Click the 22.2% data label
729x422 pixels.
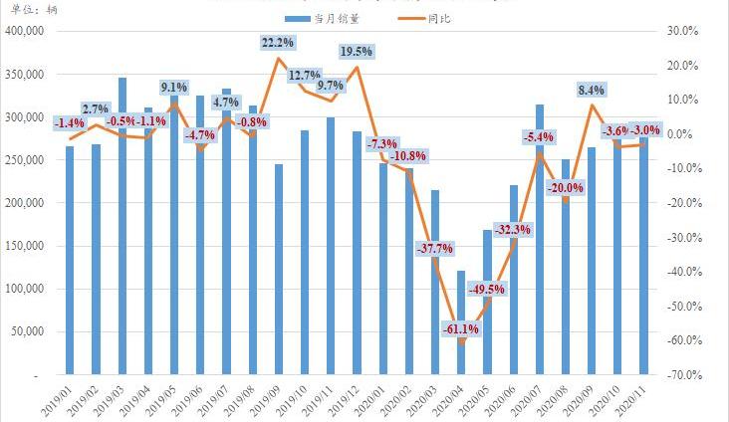pyautogui.click(x=278, y=43)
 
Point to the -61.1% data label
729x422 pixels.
pyautogui.click(x=461, y=328)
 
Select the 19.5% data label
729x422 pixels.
pyautogui.click(x=357, y=51)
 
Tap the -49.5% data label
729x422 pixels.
pyautogui.click(x=488, y=290)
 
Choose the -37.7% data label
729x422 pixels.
pyautogui.click(x=435, y=248)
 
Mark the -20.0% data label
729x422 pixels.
pyautogui.click(x=566, y=187)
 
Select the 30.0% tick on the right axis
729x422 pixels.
pyautogui.click(x=684, y=31)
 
